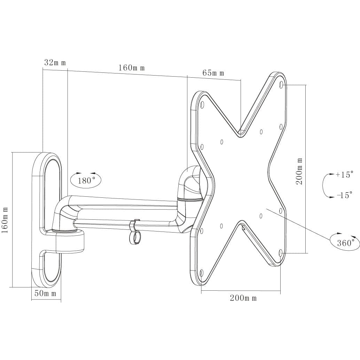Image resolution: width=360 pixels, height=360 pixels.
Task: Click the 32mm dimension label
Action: (55, 63)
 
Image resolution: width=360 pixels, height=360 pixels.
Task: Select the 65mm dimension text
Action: (213, 73)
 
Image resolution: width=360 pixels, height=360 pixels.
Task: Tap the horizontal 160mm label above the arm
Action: (131, 68)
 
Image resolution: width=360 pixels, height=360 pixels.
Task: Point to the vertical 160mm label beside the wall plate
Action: (6, 220)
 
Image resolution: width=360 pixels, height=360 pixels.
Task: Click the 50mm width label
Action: (45, 294)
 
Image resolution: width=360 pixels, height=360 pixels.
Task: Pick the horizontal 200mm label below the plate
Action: (243, 298)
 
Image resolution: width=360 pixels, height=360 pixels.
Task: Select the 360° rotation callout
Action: (345, 242)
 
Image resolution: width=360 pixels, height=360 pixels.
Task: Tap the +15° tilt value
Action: (344, 174)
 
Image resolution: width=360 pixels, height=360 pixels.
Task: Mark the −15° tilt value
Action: (344, 195)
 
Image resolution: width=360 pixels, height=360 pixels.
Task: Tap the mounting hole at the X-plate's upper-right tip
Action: (281, 84)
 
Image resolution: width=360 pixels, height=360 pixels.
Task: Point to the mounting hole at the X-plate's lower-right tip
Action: (281, 251)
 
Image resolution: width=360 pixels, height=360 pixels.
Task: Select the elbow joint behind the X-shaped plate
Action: (190, 185)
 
